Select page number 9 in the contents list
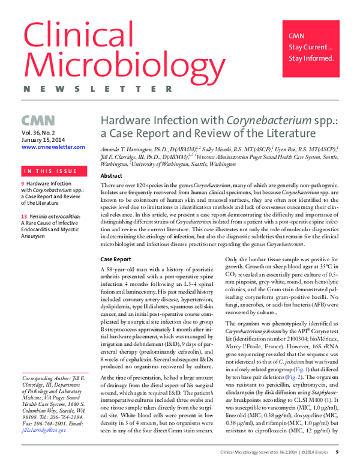23,183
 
